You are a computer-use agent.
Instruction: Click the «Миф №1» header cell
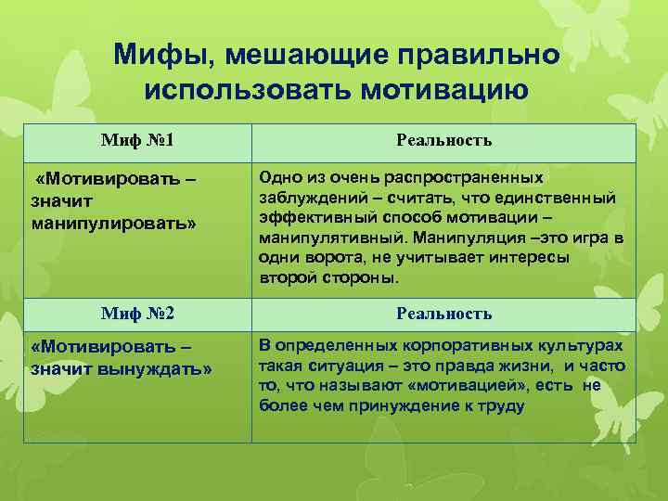(x=137, y=141)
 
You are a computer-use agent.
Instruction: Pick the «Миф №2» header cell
(x=137, y=314)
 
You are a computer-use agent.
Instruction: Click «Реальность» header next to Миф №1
(x=443, y=141)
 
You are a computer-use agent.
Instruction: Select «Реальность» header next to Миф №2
(x=443, y=314)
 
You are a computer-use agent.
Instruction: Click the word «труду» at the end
(x=502, y=405)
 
